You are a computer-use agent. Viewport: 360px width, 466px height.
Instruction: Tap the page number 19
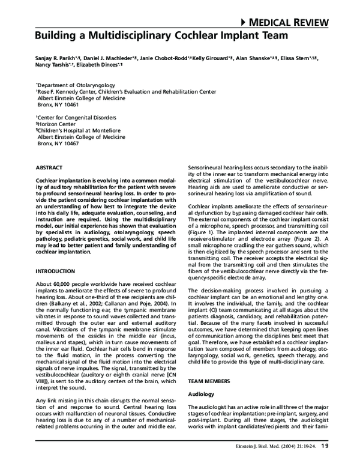tap(325, 446)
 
